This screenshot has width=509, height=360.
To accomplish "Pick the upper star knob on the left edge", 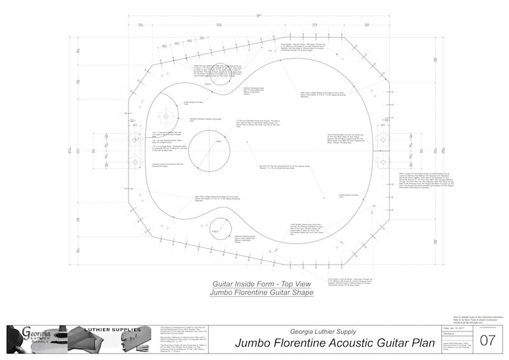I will [136, 139].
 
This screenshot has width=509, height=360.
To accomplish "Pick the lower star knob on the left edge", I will [136, 158].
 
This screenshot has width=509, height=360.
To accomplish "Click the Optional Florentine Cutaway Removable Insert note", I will [203, 119].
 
